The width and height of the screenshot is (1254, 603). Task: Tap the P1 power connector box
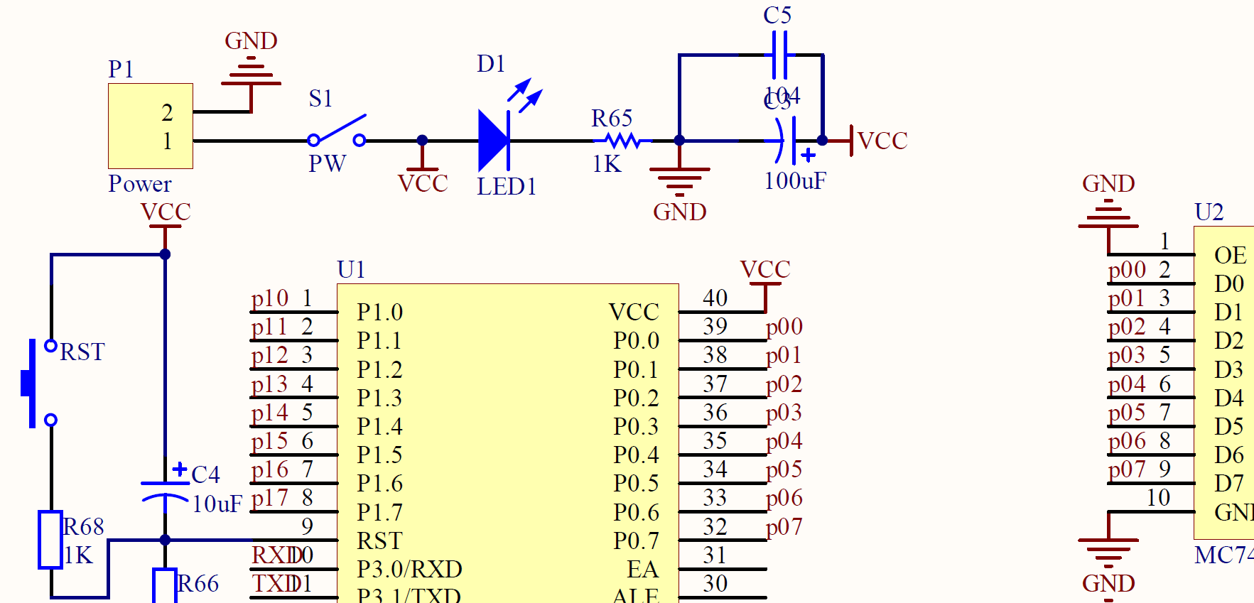coord(150,126)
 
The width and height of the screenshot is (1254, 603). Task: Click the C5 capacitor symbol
coord(779,55)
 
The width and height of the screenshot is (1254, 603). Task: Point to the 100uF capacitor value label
coord(794,181)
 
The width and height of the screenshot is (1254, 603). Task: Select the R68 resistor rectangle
coord(50,539)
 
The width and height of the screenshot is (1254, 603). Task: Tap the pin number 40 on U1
coord(715,298)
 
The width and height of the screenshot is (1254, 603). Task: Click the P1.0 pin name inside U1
coord(379,312)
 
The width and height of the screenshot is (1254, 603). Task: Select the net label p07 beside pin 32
coord(784,526)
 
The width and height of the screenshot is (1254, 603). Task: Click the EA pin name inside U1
coord(642,569)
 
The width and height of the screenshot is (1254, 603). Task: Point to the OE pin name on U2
coord(1229,255)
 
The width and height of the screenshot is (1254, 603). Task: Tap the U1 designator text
coord(351,269)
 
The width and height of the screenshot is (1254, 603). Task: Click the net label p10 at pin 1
coord(269,298)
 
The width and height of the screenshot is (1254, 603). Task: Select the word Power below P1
coord(140,184)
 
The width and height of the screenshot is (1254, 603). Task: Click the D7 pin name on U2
coord(1228,483)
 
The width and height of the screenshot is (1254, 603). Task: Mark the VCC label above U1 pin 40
coord(764,269)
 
